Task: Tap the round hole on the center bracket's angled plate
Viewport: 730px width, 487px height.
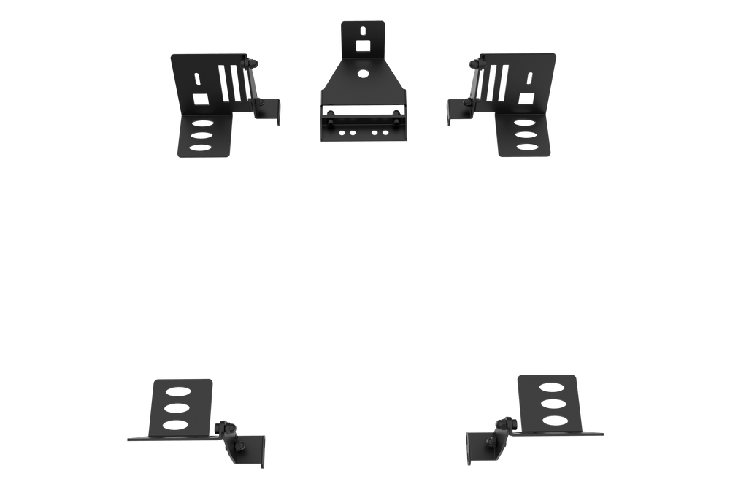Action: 363,73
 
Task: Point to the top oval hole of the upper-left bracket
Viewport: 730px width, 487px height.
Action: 201,122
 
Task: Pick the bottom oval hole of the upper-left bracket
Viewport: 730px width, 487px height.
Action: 201,147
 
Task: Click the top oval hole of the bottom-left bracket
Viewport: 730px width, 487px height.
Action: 174,389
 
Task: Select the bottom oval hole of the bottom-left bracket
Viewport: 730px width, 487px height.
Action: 174,423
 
